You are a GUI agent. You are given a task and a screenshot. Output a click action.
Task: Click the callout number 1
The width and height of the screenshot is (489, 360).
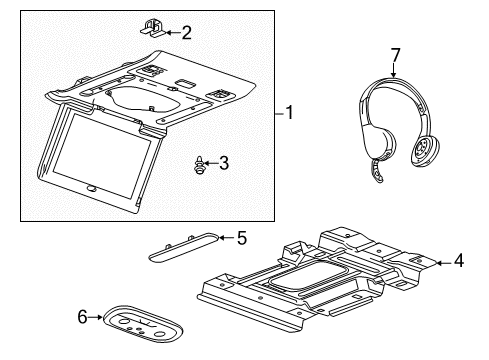(290, 114)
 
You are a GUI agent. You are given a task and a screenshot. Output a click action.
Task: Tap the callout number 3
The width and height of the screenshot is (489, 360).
(224, 161)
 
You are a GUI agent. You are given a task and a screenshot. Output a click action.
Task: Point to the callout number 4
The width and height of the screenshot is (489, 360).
(458, 263)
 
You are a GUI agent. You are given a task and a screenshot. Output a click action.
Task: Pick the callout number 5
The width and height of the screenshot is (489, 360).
(240, 237)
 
